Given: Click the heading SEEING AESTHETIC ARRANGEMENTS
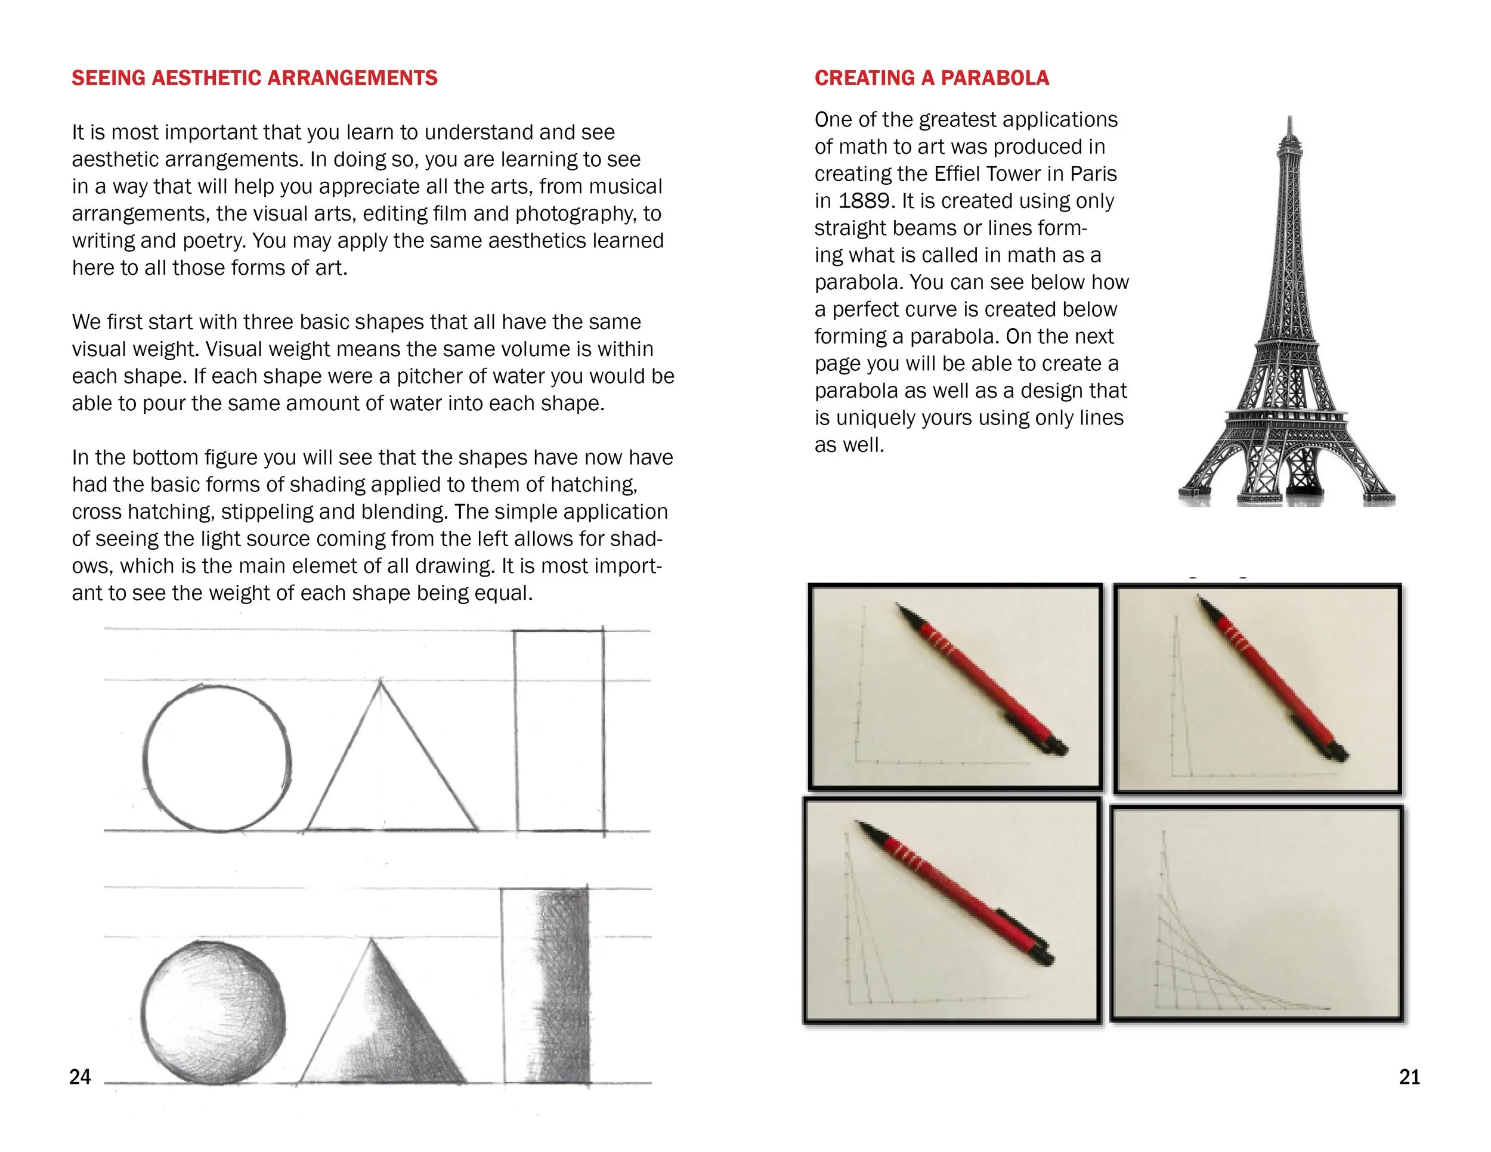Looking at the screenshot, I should coord(254,78).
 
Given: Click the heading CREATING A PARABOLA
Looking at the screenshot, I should coord(931,78).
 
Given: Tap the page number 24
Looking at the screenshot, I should coord(80,1077).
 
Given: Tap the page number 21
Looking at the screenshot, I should coord(1409,1077).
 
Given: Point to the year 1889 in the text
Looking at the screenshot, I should coord(864,200).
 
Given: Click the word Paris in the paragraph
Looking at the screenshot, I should coord(1093,174).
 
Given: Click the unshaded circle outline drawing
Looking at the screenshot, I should coord(218,757).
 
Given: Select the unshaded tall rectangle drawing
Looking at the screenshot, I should coord(559,730).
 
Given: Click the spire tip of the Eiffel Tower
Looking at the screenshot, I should coord(1289,123).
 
